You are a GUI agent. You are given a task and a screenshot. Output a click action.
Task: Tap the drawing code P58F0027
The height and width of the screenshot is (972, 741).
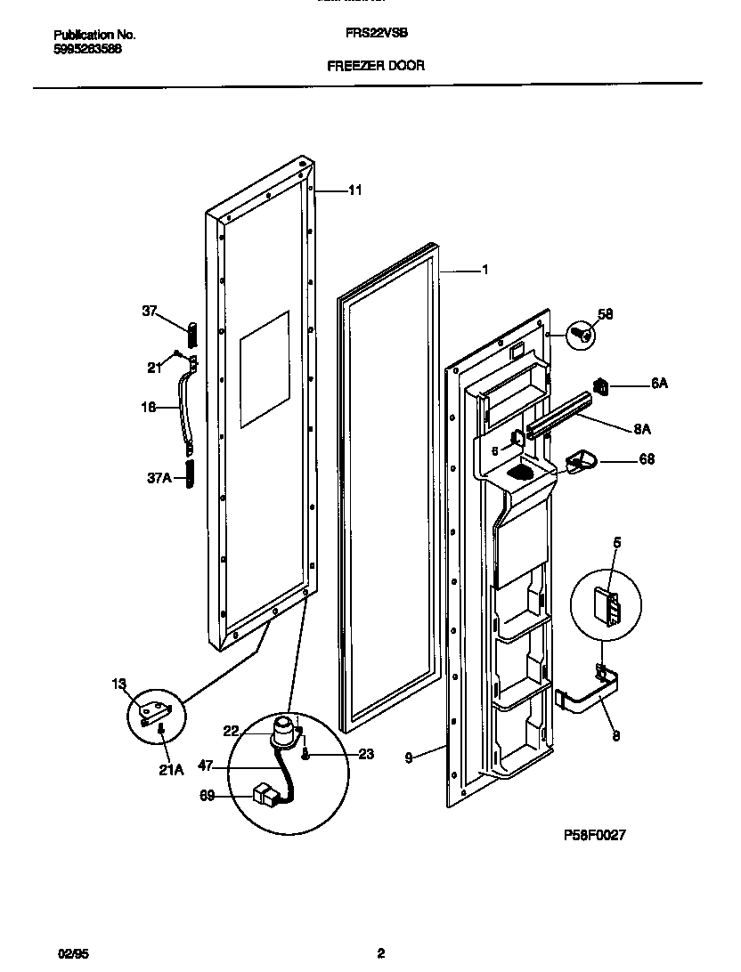click(596, 835)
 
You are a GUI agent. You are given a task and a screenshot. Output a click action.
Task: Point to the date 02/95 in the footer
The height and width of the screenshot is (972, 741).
click(73, 953)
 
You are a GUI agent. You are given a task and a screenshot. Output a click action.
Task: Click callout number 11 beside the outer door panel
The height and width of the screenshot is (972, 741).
click(354, 190)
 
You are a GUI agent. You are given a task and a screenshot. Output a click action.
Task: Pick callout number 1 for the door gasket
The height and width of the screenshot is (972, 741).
click(484, 269)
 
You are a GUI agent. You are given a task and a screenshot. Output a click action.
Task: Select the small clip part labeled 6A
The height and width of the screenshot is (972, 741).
click(601, 385)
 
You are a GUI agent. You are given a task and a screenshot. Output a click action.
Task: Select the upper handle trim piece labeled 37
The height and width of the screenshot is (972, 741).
click(191, 336)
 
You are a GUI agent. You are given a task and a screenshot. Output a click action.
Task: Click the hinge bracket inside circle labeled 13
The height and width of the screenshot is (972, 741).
click(155, 711)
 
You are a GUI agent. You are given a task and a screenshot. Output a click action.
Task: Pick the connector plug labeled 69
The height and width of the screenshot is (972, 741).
click(265, 792)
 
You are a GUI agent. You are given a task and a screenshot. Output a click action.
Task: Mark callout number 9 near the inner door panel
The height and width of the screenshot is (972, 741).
click(409, 757)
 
